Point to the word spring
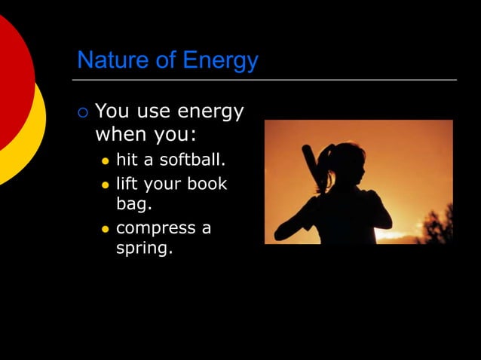[143, 247]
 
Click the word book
[208, 184]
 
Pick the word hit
[127, 160]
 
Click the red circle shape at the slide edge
[11, 83]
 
